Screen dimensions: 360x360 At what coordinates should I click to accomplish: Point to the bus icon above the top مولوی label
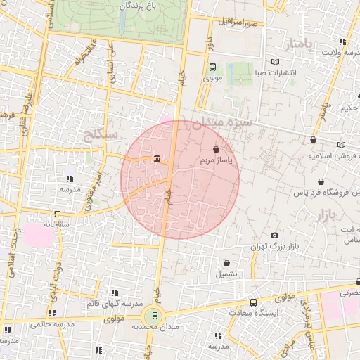point(212,67)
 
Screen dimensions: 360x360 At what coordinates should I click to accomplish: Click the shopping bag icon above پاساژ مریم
point(216,149)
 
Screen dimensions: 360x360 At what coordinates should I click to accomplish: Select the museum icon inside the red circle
point(156,159)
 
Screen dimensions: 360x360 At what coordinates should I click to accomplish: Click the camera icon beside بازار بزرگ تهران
point(274,235)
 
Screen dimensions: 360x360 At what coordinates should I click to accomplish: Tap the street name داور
point(208,45)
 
